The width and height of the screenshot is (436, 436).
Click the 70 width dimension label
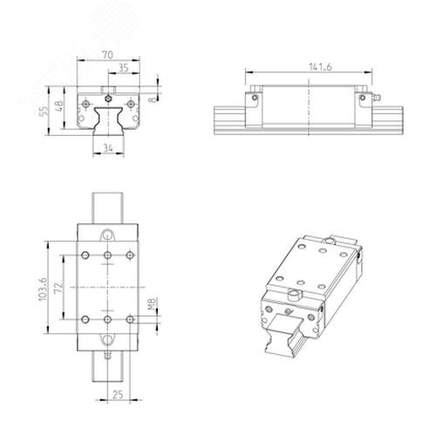click(107, 55)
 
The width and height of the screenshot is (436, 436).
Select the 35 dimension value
click(124, 68)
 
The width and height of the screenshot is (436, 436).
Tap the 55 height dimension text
click(44, 111)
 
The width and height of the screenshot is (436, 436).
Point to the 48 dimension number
click(58, 106)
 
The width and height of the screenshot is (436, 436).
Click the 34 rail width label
click(108, 148)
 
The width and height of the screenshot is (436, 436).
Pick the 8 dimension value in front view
click(153, 99)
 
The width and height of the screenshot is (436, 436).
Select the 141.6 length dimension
click(320, 67)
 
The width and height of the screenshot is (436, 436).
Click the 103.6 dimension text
click(43, 289)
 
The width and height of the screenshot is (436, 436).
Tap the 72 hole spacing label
click(58, 287)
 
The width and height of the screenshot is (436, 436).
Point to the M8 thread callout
click(153, 303)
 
